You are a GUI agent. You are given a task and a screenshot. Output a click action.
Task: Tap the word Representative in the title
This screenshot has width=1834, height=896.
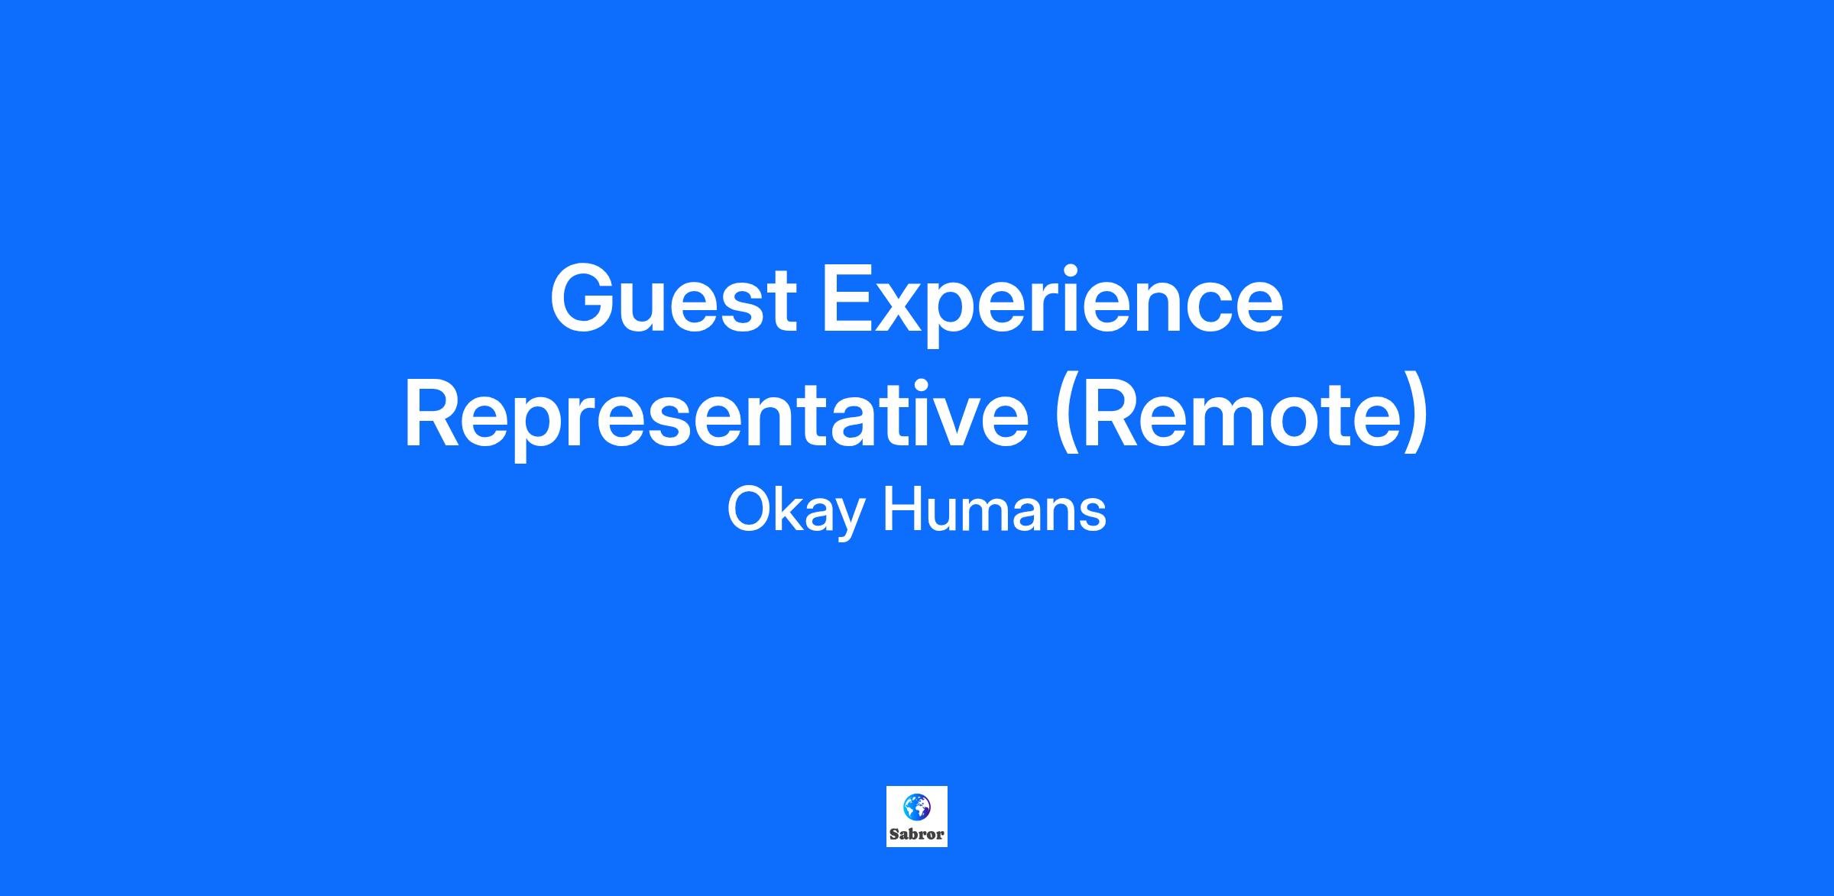[x=716, y=419]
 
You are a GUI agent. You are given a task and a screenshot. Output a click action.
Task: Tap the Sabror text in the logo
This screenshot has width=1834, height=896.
[x=916, y=834]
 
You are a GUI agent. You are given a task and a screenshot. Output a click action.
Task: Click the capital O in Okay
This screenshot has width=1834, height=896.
[x=749, y=510]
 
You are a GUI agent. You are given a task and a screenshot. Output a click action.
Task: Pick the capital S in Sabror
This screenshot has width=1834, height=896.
[x=893, y=834]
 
